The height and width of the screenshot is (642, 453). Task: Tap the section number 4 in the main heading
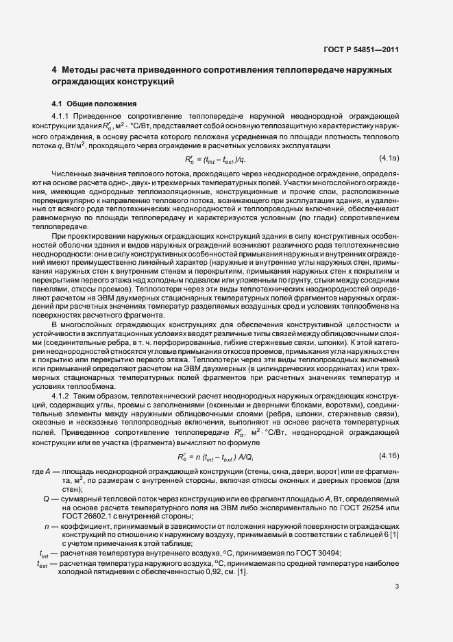pyautogui.click(x=55, y=70)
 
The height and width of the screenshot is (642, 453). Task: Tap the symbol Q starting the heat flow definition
pyautogui.click(x=46, y=498)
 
